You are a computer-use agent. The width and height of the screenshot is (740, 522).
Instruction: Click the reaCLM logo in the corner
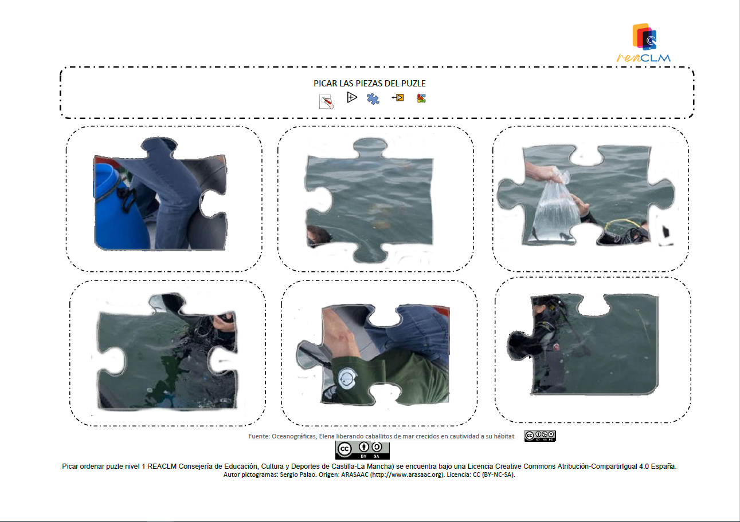tap(644, 42)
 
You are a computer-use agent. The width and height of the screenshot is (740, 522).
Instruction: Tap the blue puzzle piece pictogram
tap(373, 98)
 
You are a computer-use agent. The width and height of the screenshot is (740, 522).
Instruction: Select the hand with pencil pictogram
tap(326, 101)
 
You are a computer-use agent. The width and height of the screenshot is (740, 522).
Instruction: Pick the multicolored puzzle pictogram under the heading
tap(421, 98)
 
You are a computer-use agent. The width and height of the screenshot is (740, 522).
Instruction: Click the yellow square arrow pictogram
tap(398, 98)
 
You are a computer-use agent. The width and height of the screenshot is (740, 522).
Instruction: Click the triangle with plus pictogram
tap(352, 98)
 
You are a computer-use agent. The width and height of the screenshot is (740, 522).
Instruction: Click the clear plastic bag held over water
tap(555, 208)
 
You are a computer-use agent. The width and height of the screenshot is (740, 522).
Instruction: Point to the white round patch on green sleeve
tap(347, 378)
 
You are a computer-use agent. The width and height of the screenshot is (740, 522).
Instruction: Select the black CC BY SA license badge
tap(362, 450)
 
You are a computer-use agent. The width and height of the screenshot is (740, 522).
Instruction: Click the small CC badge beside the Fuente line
tap(540, 436)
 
